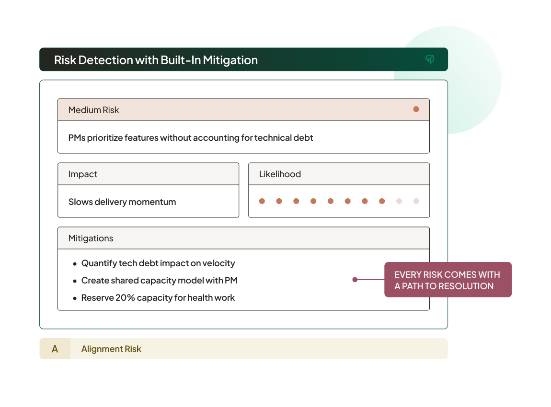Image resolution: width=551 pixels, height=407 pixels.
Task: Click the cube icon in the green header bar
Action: click(429, 59)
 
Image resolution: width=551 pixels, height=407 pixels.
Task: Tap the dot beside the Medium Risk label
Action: click(416, 109)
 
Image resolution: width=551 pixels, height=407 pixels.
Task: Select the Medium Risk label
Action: click(93, 110)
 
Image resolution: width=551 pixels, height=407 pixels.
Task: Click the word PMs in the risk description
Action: click(77, 138)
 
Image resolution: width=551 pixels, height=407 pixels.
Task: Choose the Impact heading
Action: click(82, 174)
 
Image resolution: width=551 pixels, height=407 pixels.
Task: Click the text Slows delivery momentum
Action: click(122, 202)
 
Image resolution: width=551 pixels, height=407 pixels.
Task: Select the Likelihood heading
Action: click(280, 174)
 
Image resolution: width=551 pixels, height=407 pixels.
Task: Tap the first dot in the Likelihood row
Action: click(262, 201)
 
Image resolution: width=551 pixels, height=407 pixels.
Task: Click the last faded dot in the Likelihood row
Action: click(416, 201)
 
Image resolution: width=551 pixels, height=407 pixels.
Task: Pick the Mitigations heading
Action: click(91, 238)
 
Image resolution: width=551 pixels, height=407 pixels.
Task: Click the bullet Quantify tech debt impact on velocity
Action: click(158, 263)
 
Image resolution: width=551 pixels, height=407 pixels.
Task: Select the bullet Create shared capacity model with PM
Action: click(159, 281)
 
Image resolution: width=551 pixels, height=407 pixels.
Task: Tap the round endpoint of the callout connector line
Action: click(355, 280)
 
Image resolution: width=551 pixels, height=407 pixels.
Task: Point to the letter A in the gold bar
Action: click(55, 349)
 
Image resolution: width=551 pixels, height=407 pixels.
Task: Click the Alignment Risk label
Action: click(111, 349)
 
